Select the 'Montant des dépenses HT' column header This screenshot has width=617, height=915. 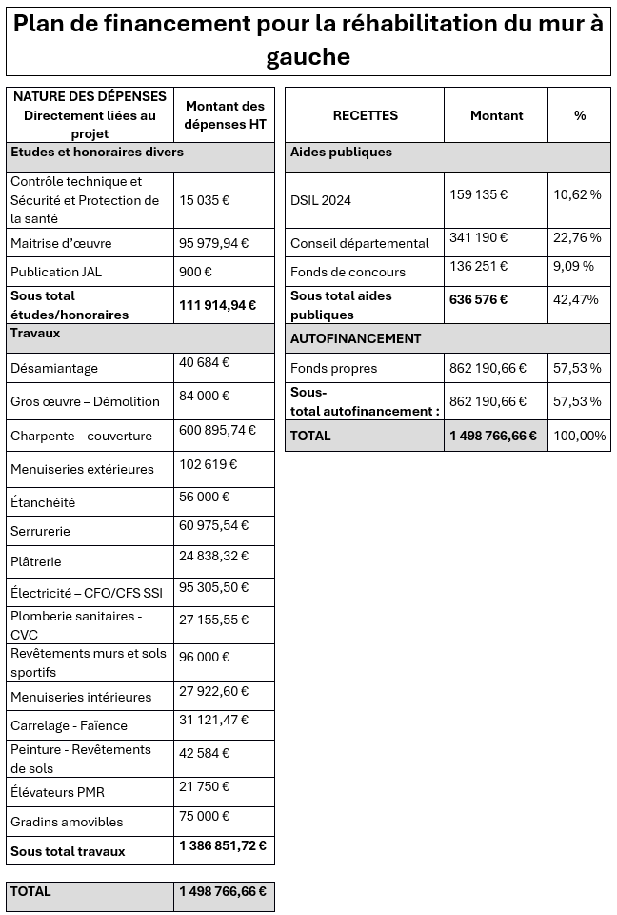[225, 114]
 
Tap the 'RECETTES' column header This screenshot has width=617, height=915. [365, 115]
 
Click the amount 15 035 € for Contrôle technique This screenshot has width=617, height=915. [205, 200]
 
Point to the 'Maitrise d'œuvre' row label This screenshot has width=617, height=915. [61, 243]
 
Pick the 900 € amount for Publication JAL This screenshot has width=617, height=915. [195, 272]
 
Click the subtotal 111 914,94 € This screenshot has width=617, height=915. [218, 305]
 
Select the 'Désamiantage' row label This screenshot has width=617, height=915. [54, 368]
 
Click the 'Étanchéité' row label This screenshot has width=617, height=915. [43, 502]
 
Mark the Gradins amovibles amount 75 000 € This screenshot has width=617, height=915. [205, 816]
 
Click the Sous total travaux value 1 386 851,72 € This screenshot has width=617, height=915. [223, 845]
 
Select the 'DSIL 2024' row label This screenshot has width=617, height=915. [321, 200]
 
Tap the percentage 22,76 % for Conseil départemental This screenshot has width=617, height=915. [577, 237]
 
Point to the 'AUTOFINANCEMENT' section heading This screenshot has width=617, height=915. [355, 338]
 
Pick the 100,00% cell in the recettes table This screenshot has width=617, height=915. [579, 436]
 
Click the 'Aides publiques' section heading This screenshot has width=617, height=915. [341, 152]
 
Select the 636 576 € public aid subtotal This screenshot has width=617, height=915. [478, 299]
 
